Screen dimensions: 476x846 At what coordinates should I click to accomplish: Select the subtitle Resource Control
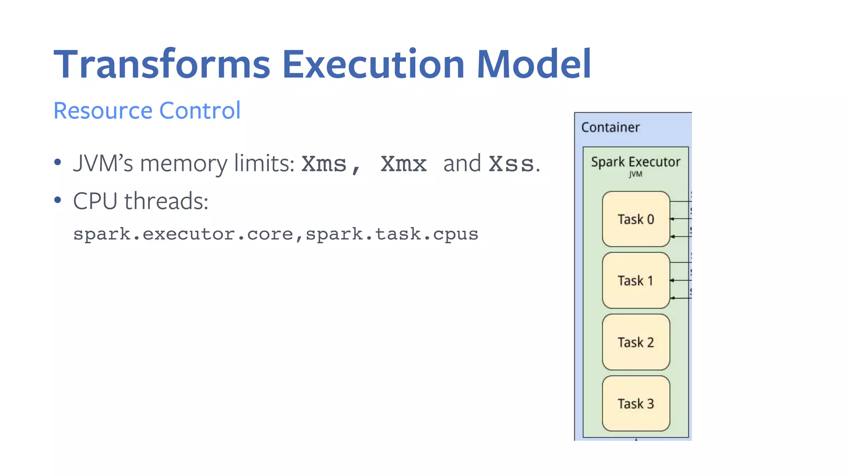147,111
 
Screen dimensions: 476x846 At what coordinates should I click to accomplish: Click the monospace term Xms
324,164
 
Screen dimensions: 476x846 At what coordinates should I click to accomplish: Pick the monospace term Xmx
403,164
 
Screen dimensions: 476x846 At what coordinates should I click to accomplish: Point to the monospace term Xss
511,164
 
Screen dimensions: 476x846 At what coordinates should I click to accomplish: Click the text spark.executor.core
183,234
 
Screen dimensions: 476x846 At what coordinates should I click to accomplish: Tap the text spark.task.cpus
392,234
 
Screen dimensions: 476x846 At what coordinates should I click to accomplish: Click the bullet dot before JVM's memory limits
58,162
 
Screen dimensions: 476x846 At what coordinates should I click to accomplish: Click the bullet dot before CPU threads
58,200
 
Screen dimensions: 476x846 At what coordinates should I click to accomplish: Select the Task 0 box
635,219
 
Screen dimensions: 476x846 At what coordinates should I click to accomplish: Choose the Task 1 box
635,281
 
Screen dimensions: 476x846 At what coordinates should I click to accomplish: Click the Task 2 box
635,342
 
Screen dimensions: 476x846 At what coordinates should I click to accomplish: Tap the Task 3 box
635,403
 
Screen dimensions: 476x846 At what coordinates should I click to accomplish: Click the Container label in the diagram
610,127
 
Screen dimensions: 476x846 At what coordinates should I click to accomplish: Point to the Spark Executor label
635,162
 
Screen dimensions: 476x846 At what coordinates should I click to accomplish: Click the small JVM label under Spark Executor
635,174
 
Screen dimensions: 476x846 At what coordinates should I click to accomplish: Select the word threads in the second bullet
166,201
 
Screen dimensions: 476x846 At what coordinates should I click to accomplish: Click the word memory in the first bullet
183,163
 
